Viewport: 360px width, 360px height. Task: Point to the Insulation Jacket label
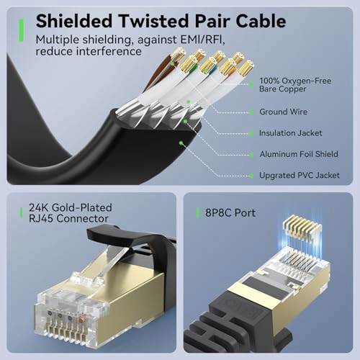(291, 133)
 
